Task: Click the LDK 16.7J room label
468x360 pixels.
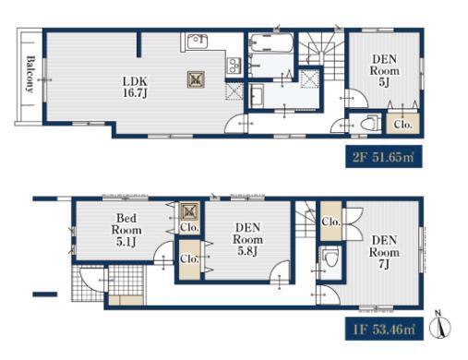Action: [135, 87]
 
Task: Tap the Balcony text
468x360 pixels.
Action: [30, 74]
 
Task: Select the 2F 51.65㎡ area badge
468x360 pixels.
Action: [384, 157]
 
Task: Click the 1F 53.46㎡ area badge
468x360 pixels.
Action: [384, 329]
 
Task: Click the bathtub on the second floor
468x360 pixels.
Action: [270, 42]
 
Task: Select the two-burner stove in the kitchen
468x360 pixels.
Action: [233, 66]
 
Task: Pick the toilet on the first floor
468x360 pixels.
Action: [330, 257]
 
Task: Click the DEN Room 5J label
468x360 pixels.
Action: [384, 71]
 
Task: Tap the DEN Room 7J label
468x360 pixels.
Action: [384, 252]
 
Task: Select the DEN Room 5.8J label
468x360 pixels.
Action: [247, 239]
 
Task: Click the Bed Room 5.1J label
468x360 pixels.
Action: [126, 230]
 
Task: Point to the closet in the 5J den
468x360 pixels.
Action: [402, 124]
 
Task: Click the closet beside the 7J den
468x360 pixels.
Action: [331, 222]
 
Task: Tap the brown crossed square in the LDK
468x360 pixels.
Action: [196, 79]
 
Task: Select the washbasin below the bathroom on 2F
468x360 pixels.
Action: [257, 96]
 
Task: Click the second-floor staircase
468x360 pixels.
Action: [321, 55]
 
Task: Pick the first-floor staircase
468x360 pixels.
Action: [306, 219]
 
